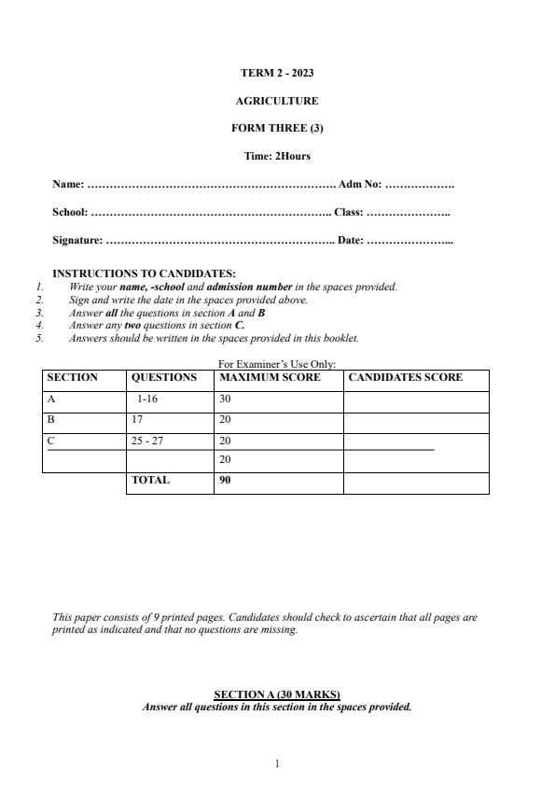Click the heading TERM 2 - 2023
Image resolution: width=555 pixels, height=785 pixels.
277,73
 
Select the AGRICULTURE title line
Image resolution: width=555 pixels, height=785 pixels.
277,101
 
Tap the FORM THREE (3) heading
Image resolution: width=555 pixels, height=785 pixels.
277,129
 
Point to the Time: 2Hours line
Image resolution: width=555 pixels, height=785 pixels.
277,156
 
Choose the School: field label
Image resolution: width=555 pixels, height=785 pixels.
70,213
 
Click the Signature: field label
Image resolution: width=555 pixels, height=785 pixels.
77,241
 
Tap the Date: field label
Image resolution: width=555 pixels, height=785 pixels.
351,241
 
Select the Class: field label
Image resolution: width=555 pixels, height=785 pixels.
348,213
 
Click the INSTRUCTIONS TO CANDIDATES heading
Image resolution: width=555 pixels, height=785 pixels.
131,273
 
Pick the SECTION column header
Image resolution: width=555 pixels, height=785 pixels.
72,378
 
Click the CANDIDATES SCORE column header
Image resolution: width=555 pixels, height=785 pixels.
405,378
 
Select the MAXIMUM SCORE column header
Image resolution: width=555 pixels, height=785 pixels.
270,378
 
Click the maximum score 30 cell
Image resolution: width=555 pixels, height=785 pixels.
225,400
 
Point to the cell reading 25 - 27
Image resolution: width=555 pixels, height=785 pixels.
147,441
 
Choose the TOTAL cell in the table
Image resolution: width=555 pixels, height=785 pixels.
150,481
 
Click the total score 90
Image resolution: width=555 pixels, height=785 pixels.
225,481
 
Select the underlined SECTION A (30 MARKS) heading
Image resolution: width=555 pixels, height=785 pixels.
277,694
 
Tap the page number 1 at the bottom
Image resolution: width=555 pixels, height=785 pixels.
277,764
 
